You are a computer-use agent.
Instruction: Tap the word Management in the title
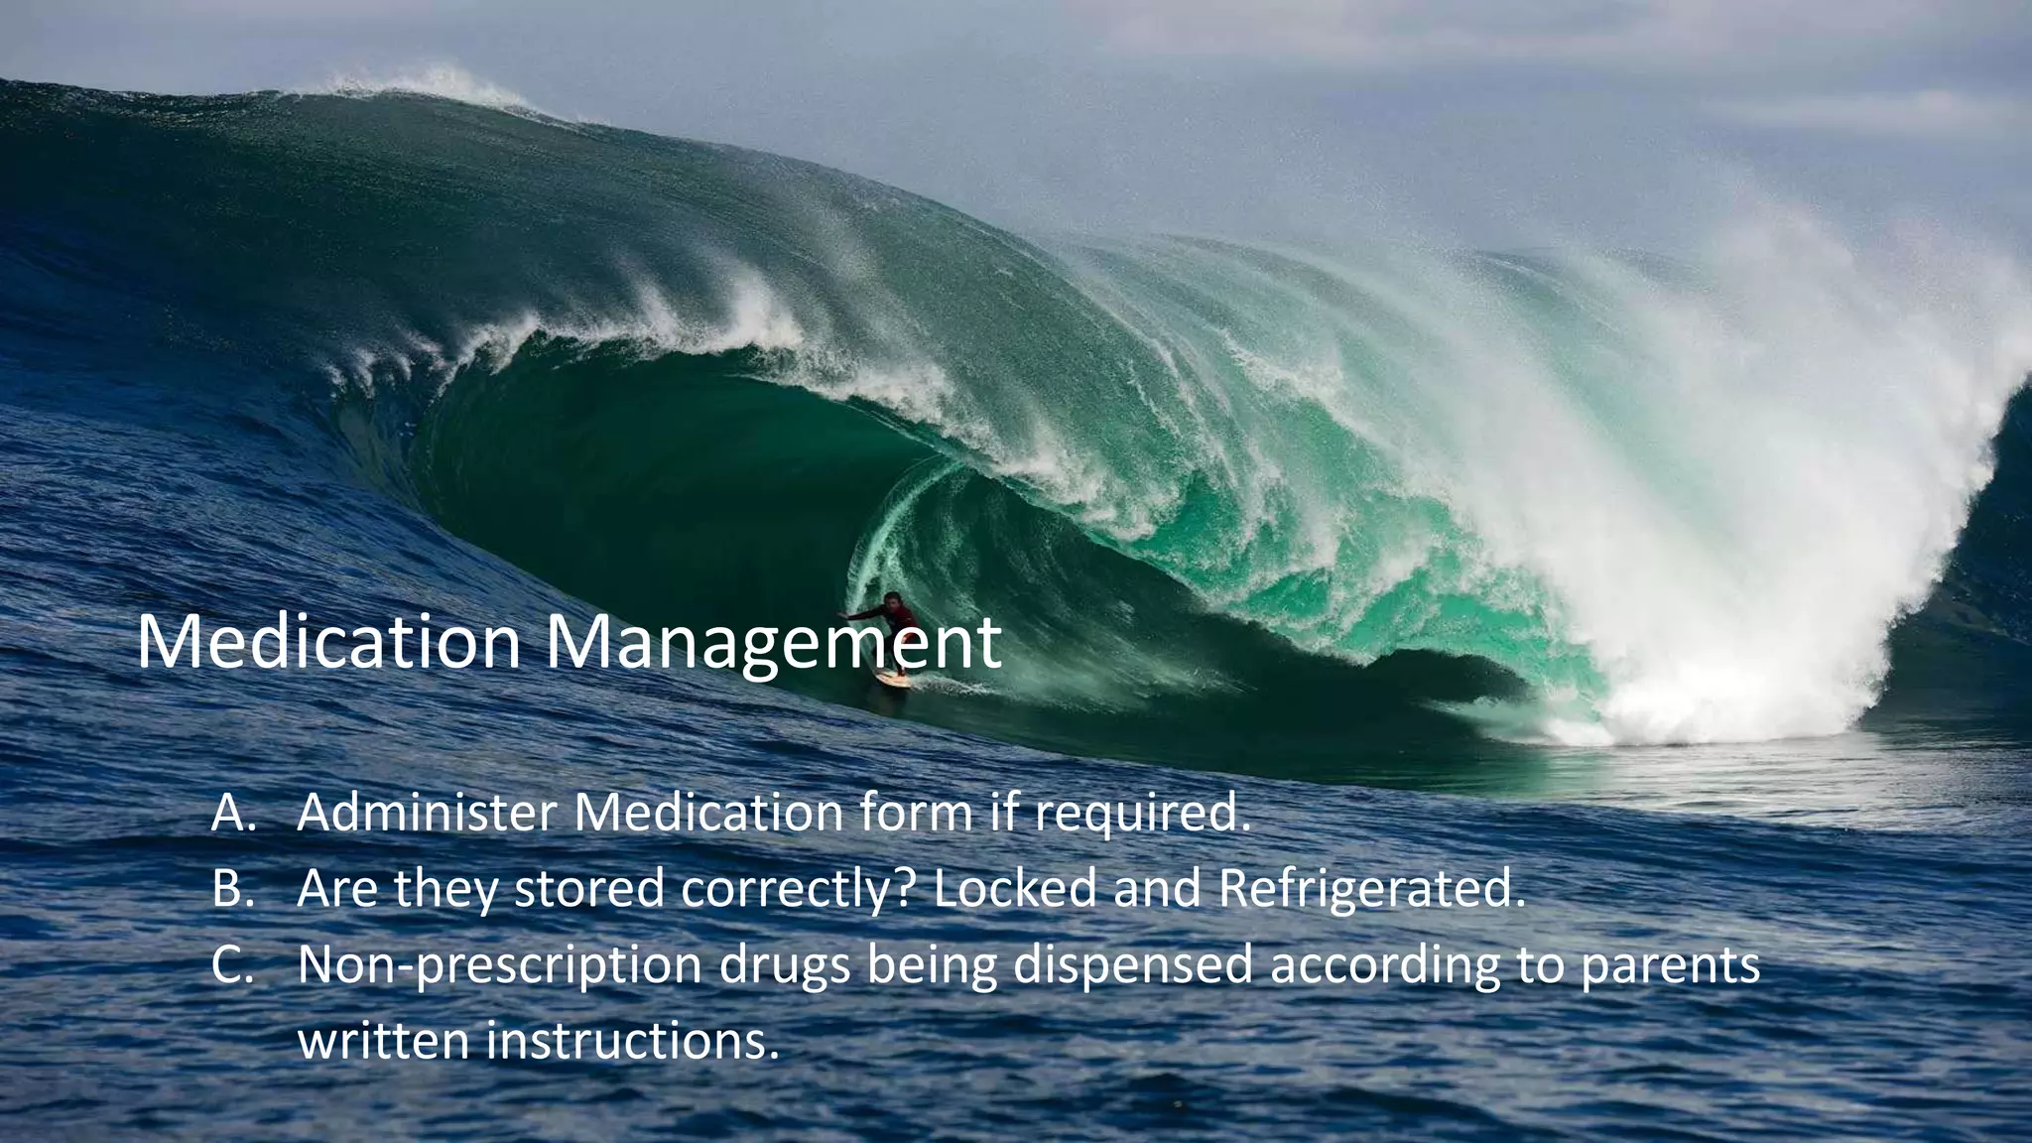pos(774,643)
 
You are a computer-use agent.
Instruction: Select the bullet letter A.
pos(234,814)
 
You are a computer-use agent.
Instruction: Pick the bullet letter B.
pos(234,889)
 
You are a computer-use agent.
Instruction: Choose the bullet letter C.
pos(234,964)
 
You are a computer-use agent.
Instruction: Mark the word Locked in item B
pos(1016,889)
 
